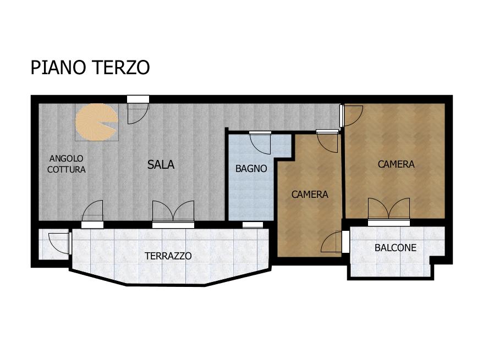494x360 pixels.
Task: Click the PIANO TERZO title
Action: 90,67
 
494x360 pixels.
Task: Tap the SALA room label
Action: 161,164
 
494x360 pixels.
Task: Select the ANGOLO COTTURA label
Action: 67,164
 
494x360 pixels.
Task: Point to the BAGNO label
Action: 251,168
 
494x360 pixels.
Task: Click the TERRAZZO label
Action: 168,256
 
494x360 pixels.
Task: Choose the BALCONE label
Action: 396,248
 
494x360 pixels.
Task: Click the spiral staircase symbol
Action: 97,122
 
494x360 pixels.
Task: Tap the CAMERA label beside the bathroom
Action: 310,195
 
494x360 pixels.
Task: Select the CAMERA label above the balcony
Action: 396,164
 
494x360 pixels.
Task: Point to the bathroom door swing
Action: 260,143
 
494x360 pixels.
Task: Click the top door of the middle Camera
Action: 328,142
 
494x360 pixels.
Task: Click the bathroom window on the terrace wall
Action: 253,225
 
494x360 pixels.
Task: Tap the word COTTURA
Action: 67,169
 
